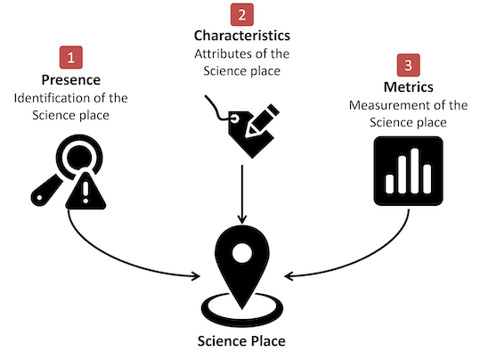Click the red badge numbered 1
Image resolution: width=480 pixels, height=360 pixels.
click(71, 57)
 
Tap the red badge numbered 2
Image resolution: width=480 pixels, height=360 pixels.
click(242, 14)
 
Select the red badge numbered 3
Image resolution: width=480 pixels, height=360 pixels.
click(409, 65)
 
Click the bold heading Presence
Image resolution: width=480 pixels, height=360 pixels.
click(71, 80)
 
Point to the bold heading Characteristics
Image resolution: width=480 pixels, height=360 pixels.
click(242, 36)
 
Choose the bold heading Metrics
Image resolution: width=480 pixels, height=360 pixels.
click(409, 87)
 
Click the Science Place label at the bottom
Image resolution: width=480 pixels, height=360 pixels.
click(241, 341)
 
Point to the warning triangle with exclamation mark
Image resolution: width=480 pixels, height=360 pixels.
click(85, 192)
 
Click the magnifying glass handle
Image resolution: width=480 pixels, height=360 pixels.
click(46, 191)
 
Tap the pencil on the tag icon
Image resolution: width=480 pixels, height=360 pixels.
click(263, 120)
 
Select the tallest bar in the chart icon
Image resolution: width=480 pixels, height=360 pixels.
click(414, 171)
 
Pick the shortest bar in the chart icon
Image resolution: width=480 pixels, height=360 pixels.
click(390, 184)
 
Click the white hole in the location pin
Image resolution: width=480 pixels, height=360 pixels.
click(242, 253)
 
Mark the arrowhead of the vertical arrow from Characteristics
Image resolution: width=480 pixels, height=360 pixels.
click(242, 218)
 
